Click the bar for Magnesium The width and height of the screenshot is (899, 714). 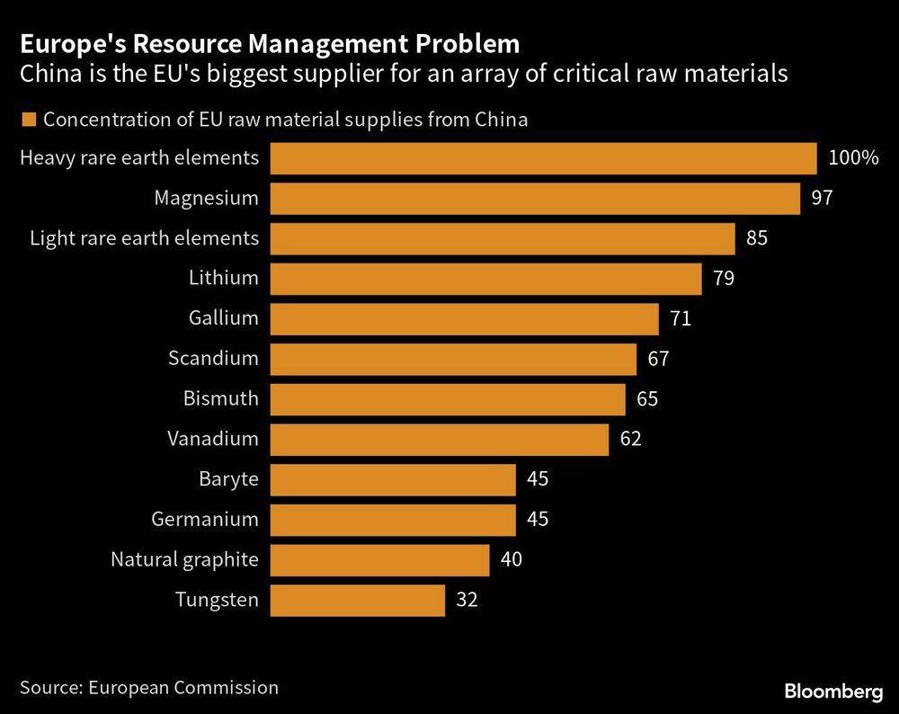(535, 198)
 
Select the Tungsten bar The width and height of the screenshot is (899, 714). (358, 600)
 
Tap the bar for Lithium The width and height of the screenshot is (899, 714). (485, 279)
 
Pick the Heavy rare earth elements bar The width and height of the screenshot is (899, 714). (543, 158)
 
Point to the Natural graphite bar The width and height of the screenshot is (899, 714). (379, 559)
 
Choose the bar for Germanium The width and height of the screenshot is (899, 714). (393, 520)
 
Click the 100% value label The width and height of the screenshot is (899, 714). (853, 158)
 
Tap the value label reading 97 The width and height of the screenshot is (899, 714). (822, 198)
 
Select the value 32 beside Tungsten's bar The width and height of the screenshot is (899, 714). (467, 600)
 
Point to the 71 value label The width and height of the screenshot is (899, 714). (680, 318)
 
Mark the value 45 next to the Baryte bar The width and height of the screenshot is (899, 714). (538, 479)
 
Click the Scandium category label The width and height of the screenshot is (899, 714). (213, 358)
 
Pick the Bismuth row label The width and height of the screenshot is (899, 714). (220, 398)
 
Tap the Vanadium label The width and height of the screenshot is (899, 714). (213, 439)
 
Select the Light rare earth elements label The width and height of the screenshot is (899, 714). (144, 238)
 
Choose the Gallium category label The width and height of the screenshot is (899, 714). (224, 318)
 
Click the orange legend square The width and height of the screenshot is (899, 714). (28, 120)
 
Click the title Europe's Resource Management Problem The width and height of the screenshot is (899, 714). (270, 43)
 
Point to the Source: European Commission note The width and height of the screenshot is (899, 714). (149, 688)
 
